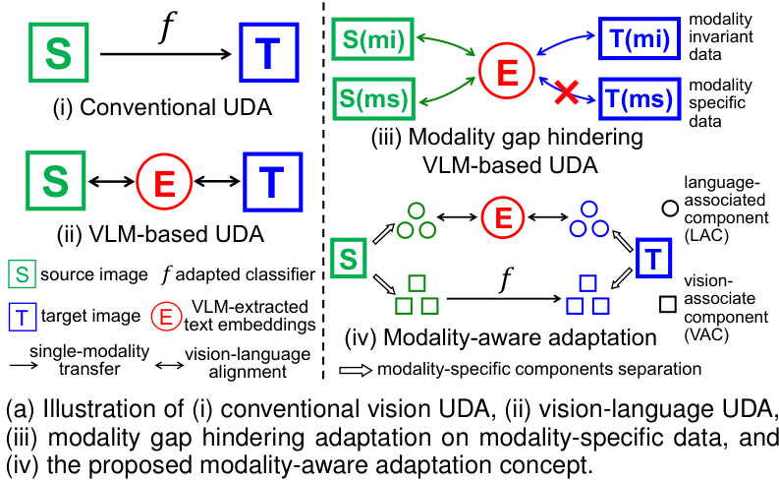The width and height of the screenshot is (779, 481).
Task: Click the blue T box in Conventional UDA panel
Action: coord(264,55)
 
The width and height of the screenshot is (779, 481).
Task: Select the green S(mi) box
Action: coord(375,42)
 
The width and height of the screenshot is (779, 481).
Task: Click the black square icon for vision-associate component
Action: coord(667,306)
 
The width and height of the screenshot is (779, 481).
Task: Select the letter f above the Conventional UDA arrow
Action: coord(166,30)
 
